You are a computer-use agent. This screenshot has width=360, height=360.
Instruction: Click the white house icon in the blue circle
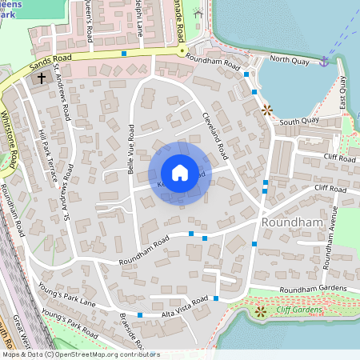coord(180,173)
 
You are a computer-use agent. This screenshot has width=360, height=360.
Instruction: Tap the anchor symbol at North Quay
coord(324,61)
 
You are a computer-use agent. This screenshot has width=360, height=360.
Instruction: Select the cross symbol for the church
coord(41,79)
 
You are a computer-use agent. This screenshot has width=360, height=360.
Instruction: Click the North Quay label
coord(289,59)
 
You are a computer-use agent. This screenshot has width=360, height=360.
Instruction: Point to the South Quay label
coord(298,120)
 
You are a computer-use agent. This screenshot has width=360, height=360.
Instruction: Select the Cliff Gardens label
coord(298,310)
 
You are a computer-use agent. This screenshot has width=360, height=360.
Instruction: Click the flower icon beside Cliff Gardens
coord(260,310)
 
